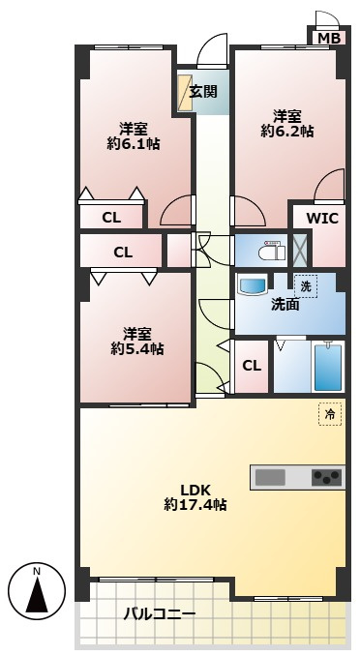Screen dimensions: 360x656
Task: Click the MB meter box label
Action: tap(329, 39)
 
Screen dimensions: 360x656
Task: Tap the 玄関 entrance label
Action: tap(203, 92)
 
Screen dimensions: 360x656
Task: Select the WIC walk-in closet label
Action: tap(322, 219)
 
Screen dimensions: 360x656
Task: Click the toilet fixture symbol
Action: tap(272, 251)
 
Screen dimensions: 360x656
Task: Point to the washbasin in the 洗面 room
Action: tap(252, 285)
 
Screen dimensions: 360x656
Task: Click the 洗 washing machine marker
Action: tap(305, 286)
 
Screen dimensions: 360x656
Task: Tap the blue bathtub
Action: tap(328, 368)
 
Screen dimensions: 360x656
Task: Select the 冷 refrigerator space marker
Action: tap(330, 414)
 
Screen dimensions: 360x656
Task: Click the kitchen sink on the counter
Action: tap(270, 477)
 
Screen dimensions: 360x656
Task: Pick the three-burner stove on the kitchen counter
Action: tap(327, 477)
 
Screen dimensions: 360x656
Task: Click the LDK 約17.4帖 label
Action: tap(195, 498)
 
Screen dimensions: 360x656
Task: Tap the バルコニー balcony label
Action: tap(159, 614)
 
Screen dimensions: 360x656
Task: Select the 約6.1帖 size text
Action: tap(134, 145)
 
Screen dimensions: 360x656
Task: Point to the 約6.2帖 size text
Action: tap(287, 132)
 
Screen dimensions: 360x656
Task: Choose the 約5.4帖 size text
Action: tap(136, 348)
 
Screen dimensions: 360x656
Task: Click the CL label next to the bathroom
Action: tap(252, 366)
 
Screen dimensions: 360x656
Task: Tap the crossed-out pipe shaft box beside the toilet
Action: tap(299, 251)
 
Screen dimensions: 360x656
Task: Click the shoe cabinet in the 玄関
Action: tap(185, 93)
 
